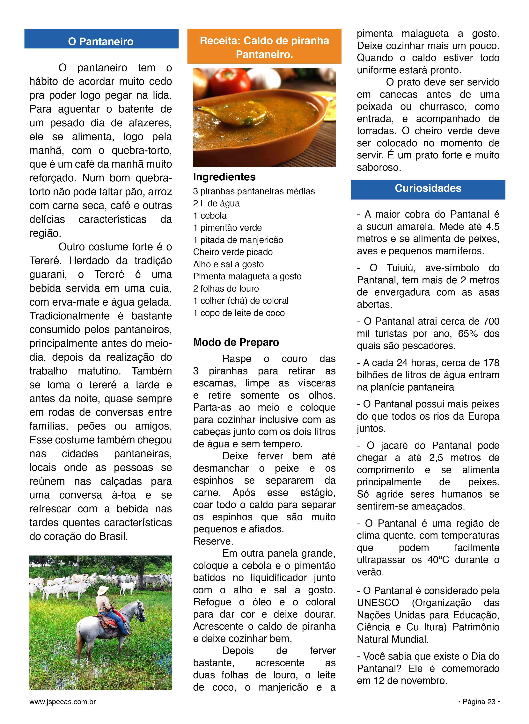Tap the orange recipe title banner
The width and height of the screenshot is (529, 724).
pyautogui.click(x=264, y=47)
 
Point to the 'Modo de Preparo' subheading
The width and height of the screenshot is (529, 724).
pyautogui.click(x=236, y=342)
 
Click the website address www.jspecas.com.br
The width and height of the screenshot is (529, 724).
pyautogui.click(x=63, y=702)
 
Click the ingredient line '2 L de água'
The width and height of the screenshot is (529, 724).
pyautogui.click(x=217, y=204)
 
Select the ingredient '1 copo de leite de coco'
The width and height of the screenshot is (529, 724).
pyautogui.click(x=239, y=313)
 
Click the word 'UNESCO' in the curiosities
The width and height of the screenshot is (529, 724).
pyautogui.click(x=378, y=603)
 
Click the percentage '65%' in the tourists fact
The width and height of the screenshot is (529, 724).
pyautogui.click(x=467, y=334)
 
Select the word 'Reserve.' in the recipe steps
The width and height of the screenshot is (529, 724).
pyautogui.click(x=213, y=541)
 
